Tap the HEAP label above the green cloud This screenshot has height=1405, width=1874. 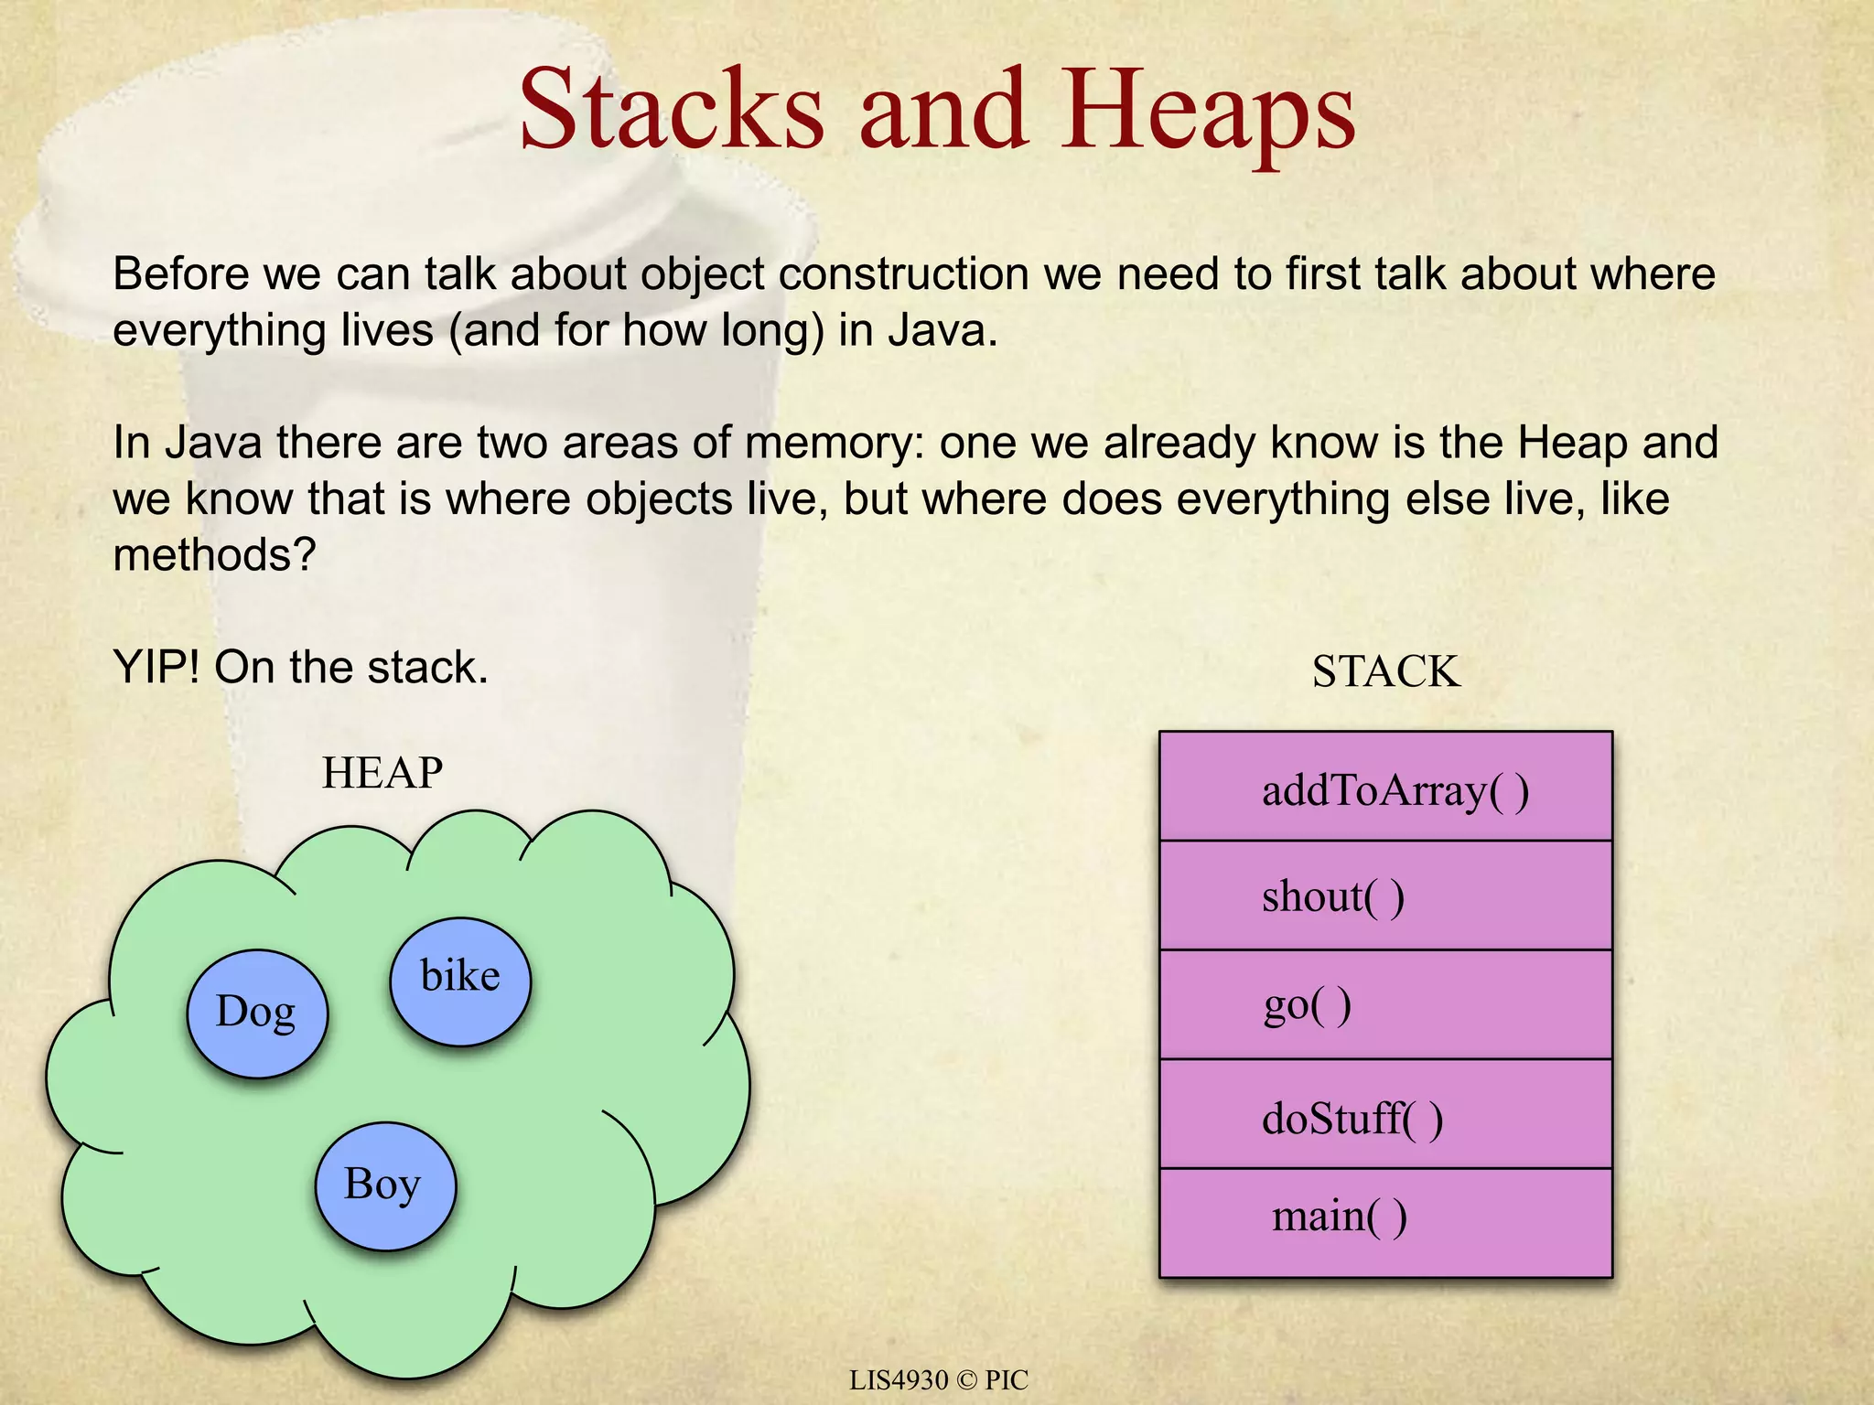(382, 773)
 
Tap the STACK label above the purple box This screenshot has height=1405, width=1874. (1385, 671)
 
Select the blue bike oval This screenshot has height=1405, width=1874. (460, 981)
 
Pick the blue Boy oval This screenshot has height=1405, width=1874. (384, 1185)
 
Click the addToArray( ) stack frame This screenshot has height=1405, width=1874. (1385, 788)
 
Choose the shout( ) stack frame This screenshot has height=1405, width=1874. (1385, 896)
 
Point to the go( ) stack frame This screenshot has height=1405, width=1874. (1385, 1005)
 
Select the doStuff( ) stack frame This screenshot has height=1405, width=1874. (1385, 1115)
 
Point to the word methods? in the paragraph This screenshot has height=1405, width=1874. (214, 554)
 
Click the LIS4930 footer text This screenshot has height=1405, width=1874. (899, 1379)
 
